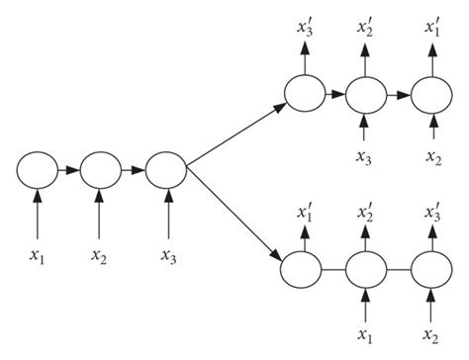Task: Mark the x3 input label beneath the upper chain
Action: pos(365,156)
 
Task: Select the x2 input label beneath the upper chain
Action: pos(431,156)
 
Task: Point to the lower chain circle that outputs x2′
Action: pos(366,269)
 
